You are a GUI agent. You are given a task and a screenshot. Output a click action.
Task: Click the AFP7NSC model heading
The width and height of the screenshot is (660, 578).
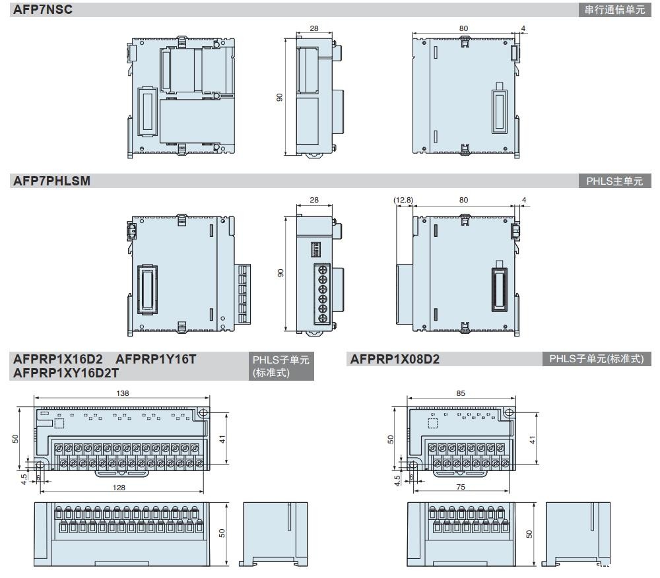(42, 9)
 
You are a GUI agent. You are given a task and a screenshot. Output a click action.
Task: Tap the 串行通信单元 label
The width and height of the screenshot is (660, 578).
(614, 10)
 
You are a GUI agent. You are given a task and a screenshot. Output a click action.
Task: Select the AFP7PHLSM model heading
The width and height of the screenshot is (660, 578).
(51, 181)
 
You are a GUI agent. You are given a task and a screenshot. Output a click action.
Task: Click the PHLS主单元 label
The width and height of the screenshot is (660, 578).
(614, 181)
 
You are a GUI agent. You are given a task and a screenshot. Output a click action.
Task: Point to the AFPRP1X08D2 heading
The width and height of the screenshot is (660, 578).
(395, 359)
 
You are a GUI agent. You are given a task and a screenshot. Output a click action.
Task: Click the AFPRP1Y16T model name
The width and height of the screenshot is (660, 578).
(156, 359)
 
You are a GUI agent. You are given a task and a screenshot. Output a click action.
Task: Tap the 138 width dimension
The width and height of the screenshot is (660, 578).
(122, 393)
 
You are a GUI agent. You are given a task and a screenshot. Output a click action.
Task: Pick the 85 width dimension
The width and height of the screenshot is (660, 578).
(461, 393)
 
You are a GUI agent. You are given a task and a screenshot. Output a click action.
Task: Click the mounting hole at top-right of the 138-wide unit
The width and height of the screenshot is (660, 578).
(203, 412)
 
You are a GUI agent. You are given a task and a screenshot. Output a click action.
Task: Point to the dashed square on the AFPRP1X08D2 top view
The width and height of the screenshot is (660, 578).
(434, 424)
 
